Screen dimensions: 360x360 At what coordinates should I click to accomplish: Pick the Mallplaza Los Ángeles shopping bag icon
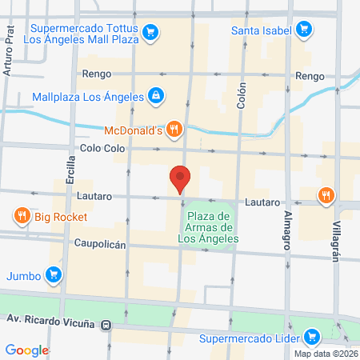point(155,97)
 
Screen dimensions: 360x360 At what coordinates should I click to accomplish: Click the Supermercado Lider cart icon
point(313,338)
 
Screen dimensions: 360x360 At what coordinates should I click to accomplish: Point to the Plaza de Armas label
point(207,227)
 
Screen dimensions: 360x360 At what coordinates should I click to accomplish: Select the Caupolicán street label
point(100,243)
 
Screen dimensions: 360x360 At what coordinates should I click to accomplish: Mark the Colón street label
point(242,98)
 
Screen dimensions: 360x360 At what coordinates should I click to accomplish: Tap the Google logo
point(27,350)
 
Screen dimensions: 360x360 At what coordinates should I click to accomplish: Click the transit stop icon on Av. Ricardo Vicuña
point(118,326)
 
